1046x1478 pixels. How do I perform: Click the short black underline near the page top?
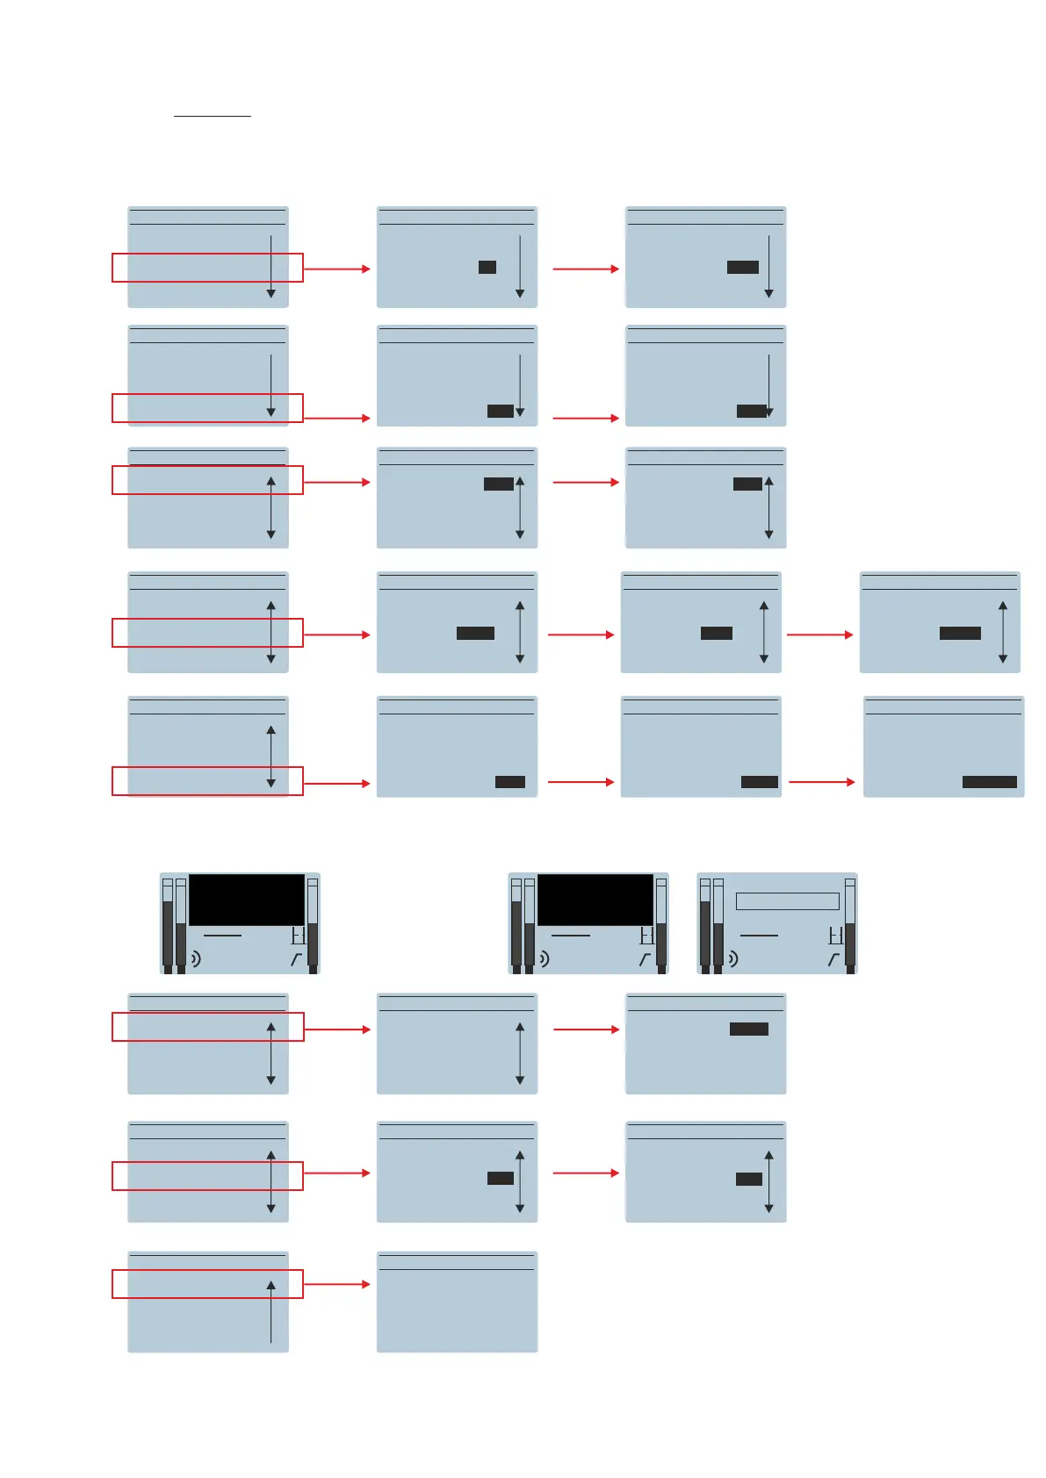212,115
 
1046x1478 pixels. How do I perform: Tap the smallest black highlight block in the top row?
487,267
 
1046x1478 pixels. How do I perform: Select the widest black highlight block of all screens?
989,782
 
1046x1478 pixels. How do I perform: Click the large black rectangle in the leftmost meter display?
247,899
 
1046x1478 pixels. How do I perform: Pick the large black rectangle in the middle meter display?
595,899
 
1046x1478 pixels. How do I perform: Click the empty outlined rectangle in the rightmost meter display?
787,901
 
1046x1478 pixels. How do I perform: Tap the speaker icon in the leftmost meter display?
195,958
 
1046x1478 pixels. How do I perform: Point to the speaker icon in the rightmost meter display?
732,958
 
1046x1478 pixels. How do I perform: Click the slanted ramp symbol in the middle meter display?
645,959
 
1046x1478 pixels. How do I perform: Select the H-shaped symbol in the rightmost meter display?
836,936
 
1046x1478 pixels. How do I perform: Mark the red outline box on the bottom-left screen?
207,1284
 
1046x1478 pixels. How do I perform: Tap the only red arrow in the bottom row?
336,1284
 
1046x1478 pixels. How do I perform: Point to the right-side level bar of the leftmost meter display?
313,926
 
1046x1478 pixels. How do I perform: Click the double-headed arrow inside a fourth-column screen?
1003,632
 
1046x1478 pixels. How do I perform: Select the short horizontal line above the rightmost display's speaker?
760,936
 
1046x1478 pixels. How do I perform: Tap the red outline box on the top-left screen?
207,268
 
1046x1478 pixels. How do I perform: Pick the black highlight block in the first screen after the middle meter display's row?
748,1029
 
